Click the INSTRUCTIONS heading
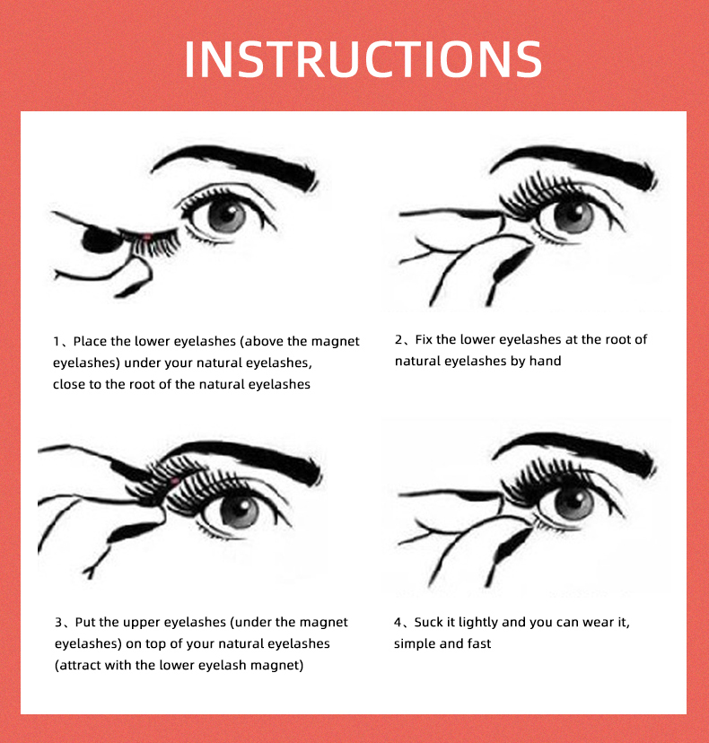pyautogui.click(x=363, y=58)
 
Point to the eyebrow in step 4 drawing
pyautogui.click(x=574, y=452)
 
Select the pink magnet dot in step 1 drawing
pyautogui.click(x=147, y=237)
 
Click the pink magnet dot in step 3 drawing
pyautogui.click(x=174, y=482)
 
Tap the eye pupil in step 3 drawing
pyautogui.click(x=240, y=511)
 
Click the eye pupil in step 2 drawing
pyautogui.click(x=573, y=215)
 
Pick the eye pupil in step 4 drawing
pyautogui.click(x=573, y=503)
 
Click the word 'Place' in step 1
pyautogui.click(x=90, y=341)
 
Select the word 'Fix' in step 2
pyautogui.click(x=424, y=339)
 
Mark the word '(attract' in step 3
pyautogui.click(x=77, y=665)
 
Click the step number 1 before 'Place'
pyautogui.click(x=57, y=342)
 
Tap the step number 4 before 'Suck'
pyautogui.click(x=398, y=623)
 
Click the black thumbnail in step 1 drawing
pyautogui.click(x=101, y=240)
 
